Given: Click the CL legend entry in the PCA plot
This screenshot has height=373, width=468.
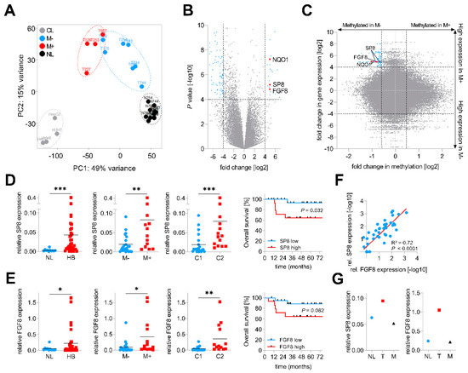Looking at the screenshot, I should tap(31, 14).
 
